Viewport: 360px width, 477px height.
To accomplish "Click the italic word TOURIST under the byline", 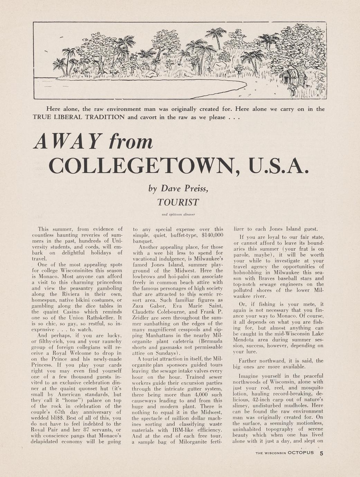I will pos(178,202).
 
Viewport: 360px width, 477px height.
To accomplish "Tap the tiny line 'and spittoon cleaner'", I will pos(178,214).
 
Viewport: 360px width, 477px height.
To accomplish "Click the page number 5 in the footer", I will pos(322,453).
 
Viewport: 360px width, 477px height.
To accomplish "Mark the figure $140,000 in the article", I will pos(212,235).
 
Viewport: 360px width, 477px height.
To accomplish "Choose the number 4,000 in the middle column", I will pos(202,394).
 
